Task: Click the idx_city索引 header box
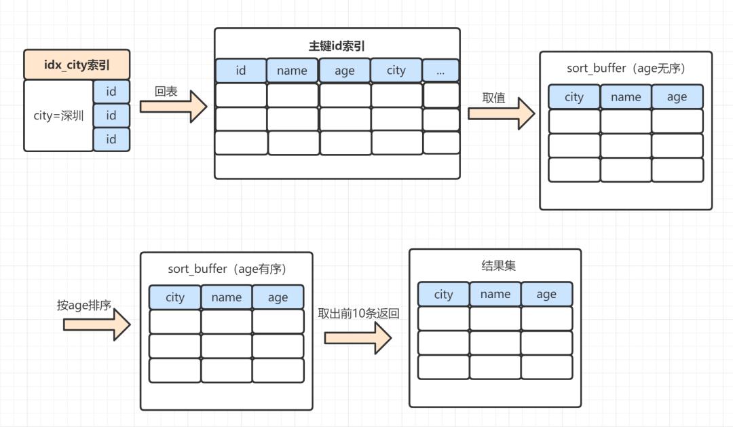click(x=77, y=65)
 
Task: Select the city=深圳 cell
click(x=58, y=115)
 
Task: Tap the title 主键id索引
click(x=337, y=46)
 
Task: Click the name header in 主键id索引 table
click(x=292, y=71)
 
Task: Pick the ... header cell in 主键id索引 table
click(x=440, y=70)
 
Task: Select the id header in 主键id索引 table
click(x=240, y=71)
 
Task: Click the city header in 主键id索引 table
click(x=396, y=71)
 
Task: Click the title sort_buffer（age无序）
click(x=626, y=69)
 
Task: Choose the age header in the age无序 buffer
click(x=677, y=97)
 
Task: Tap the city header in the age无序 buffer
click(x=574, y=97)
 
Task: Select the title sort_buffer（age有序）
click(x=227, y=269)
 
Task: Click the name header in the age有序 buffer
click(x=227, y=297)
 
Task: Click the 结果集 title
click(x=495, y=266)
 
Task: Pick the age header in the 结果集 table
click(x=546, y=294)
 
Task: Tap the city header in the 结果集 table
click(x=443, y=294)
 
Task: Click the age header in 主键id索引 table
click(x=345, y=71)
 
